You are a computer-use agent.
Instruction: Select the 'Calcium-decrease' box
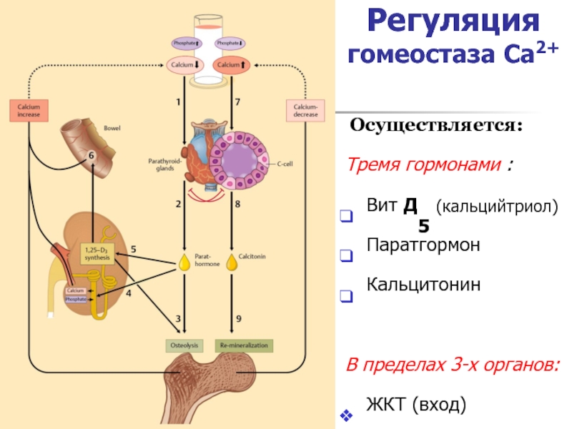point(306,110)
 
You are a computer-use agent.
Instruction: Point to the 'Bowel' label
point(112,129)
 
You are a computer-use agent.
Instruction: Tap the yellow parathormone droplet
point(185,262)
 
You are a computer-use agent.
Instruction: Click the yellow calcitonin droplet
point(232,262)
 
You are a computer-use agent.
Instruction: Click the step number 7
point(237,102)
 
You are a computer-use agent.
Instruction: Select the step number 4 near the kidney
point(129,293)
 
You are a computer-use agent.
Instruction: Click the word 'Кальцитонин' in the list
point(423,284)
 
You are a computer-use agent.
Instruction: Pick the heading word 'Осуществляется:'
point(436,127)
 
